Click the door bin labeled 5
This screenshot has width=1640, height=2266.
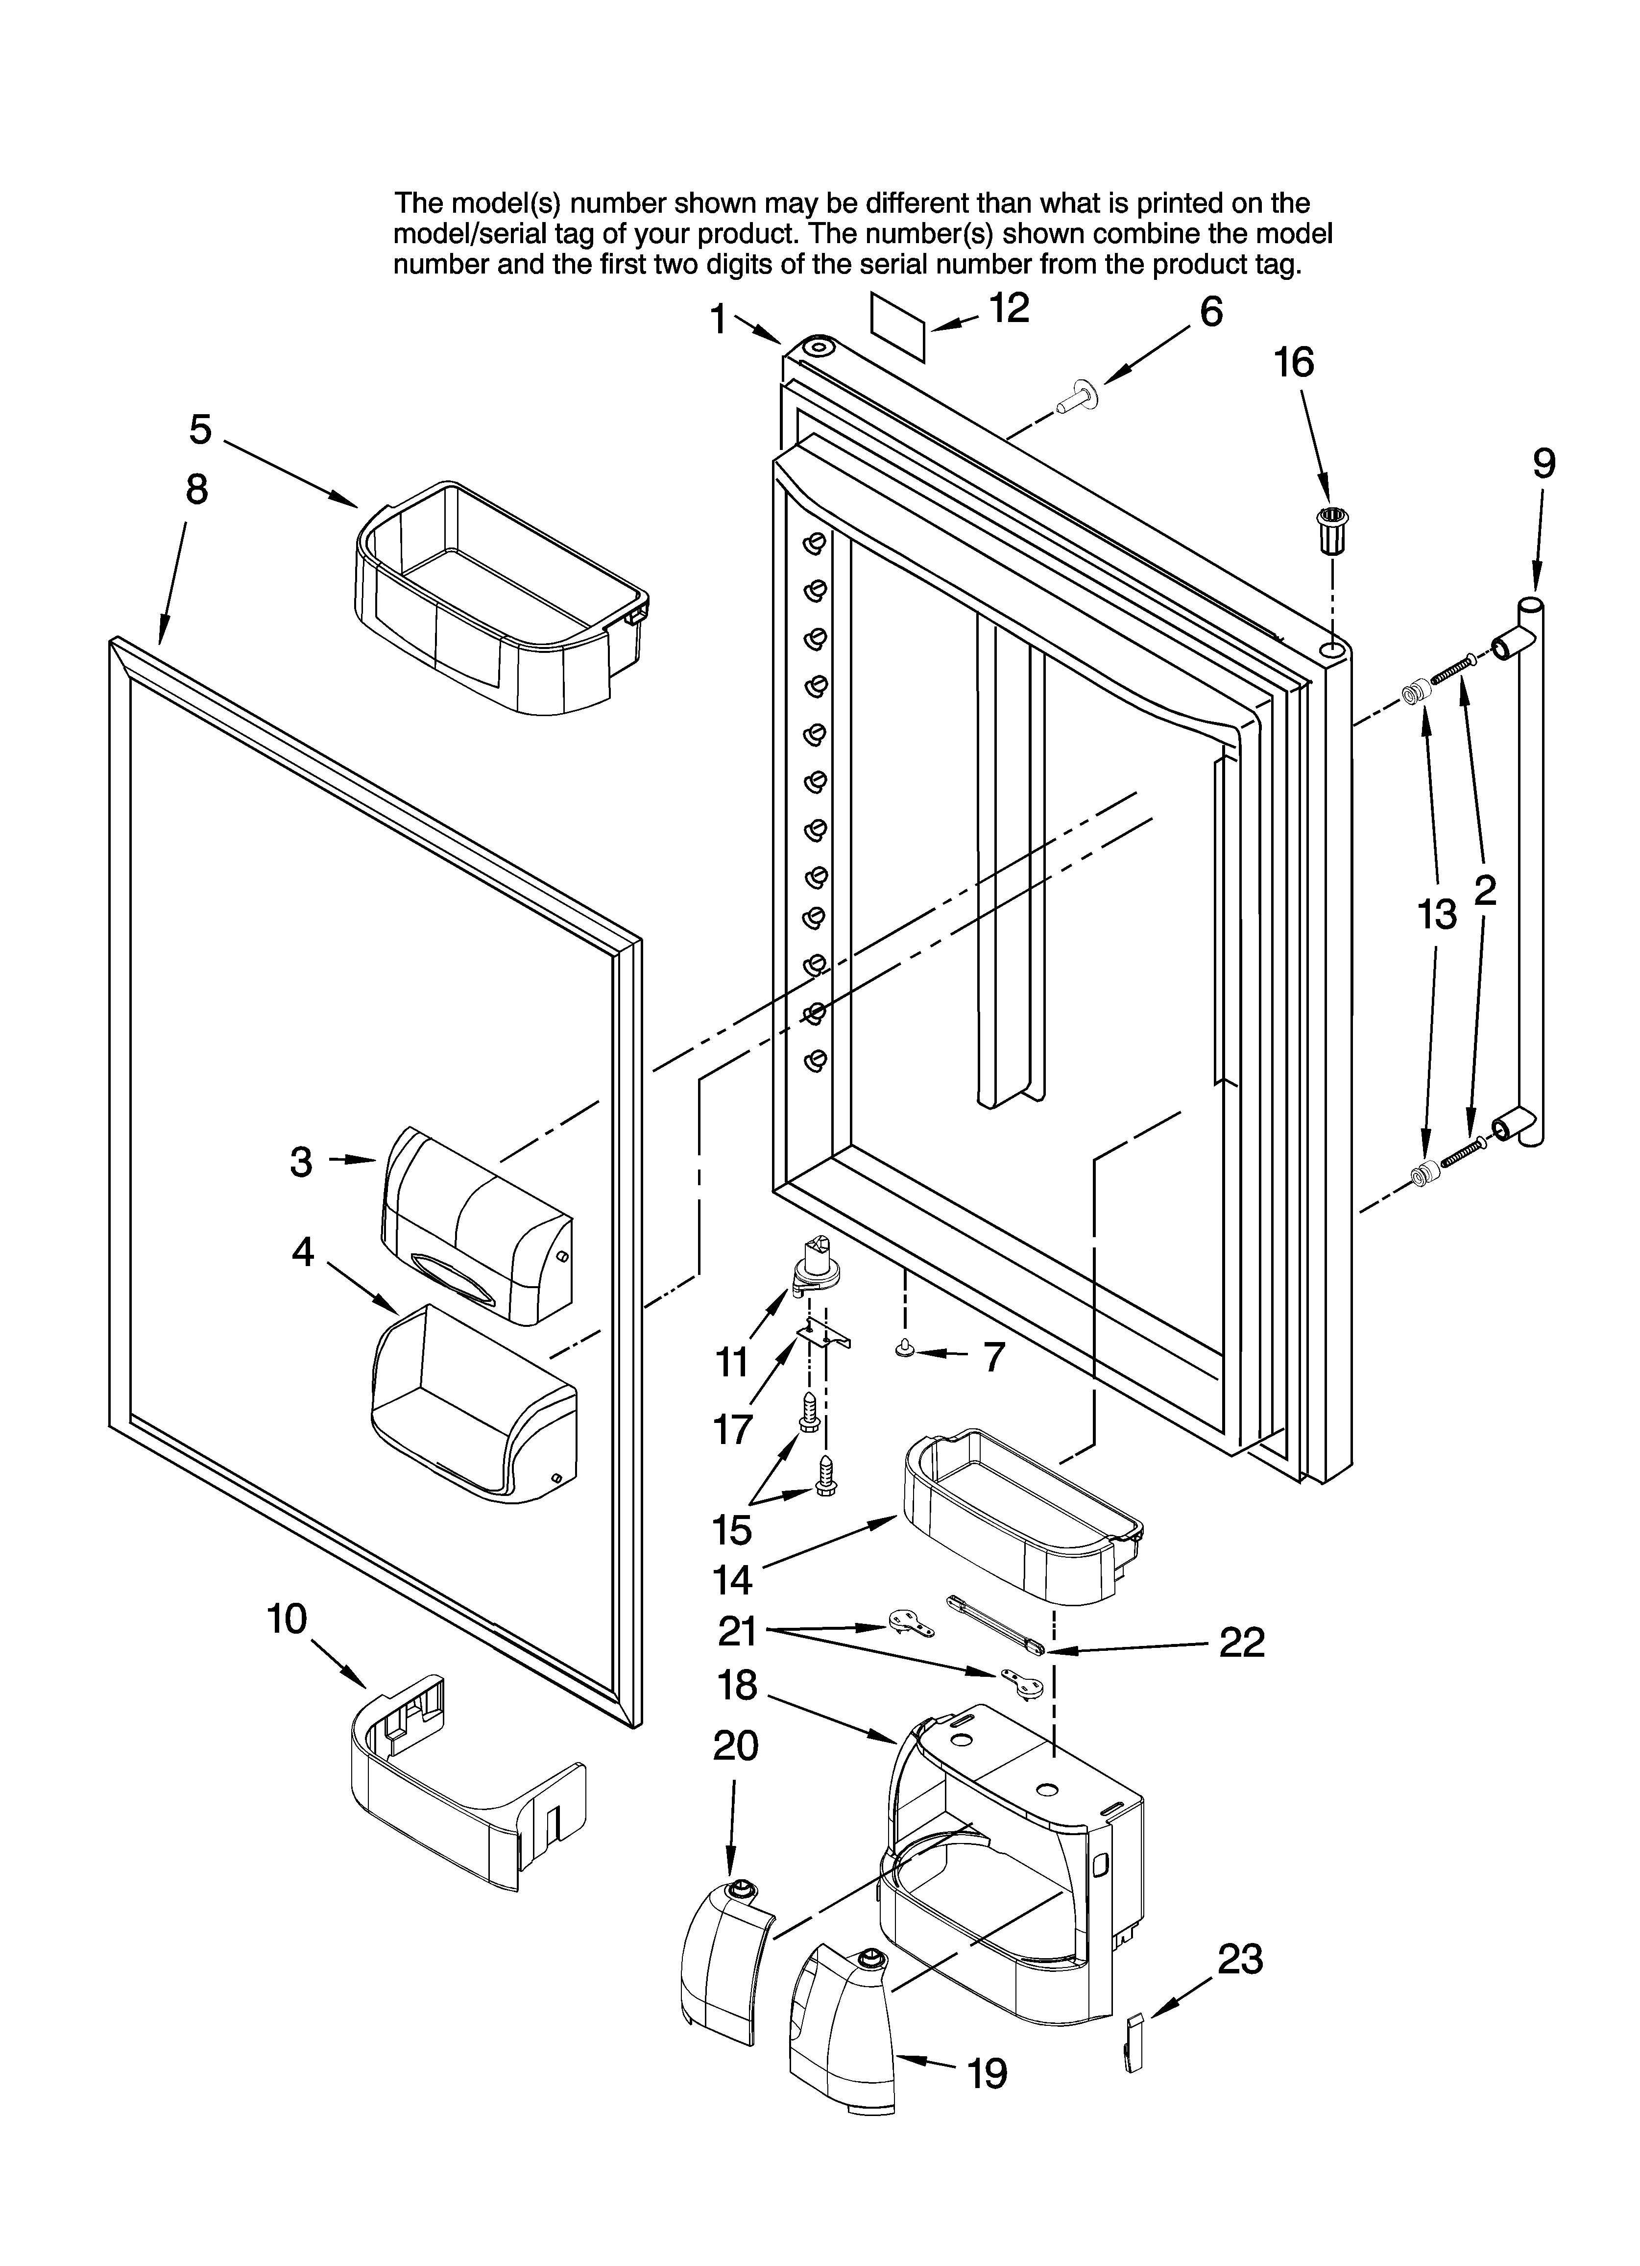[499, 599]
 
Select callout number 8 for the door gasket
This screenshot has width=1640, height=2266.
[197, 490]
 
